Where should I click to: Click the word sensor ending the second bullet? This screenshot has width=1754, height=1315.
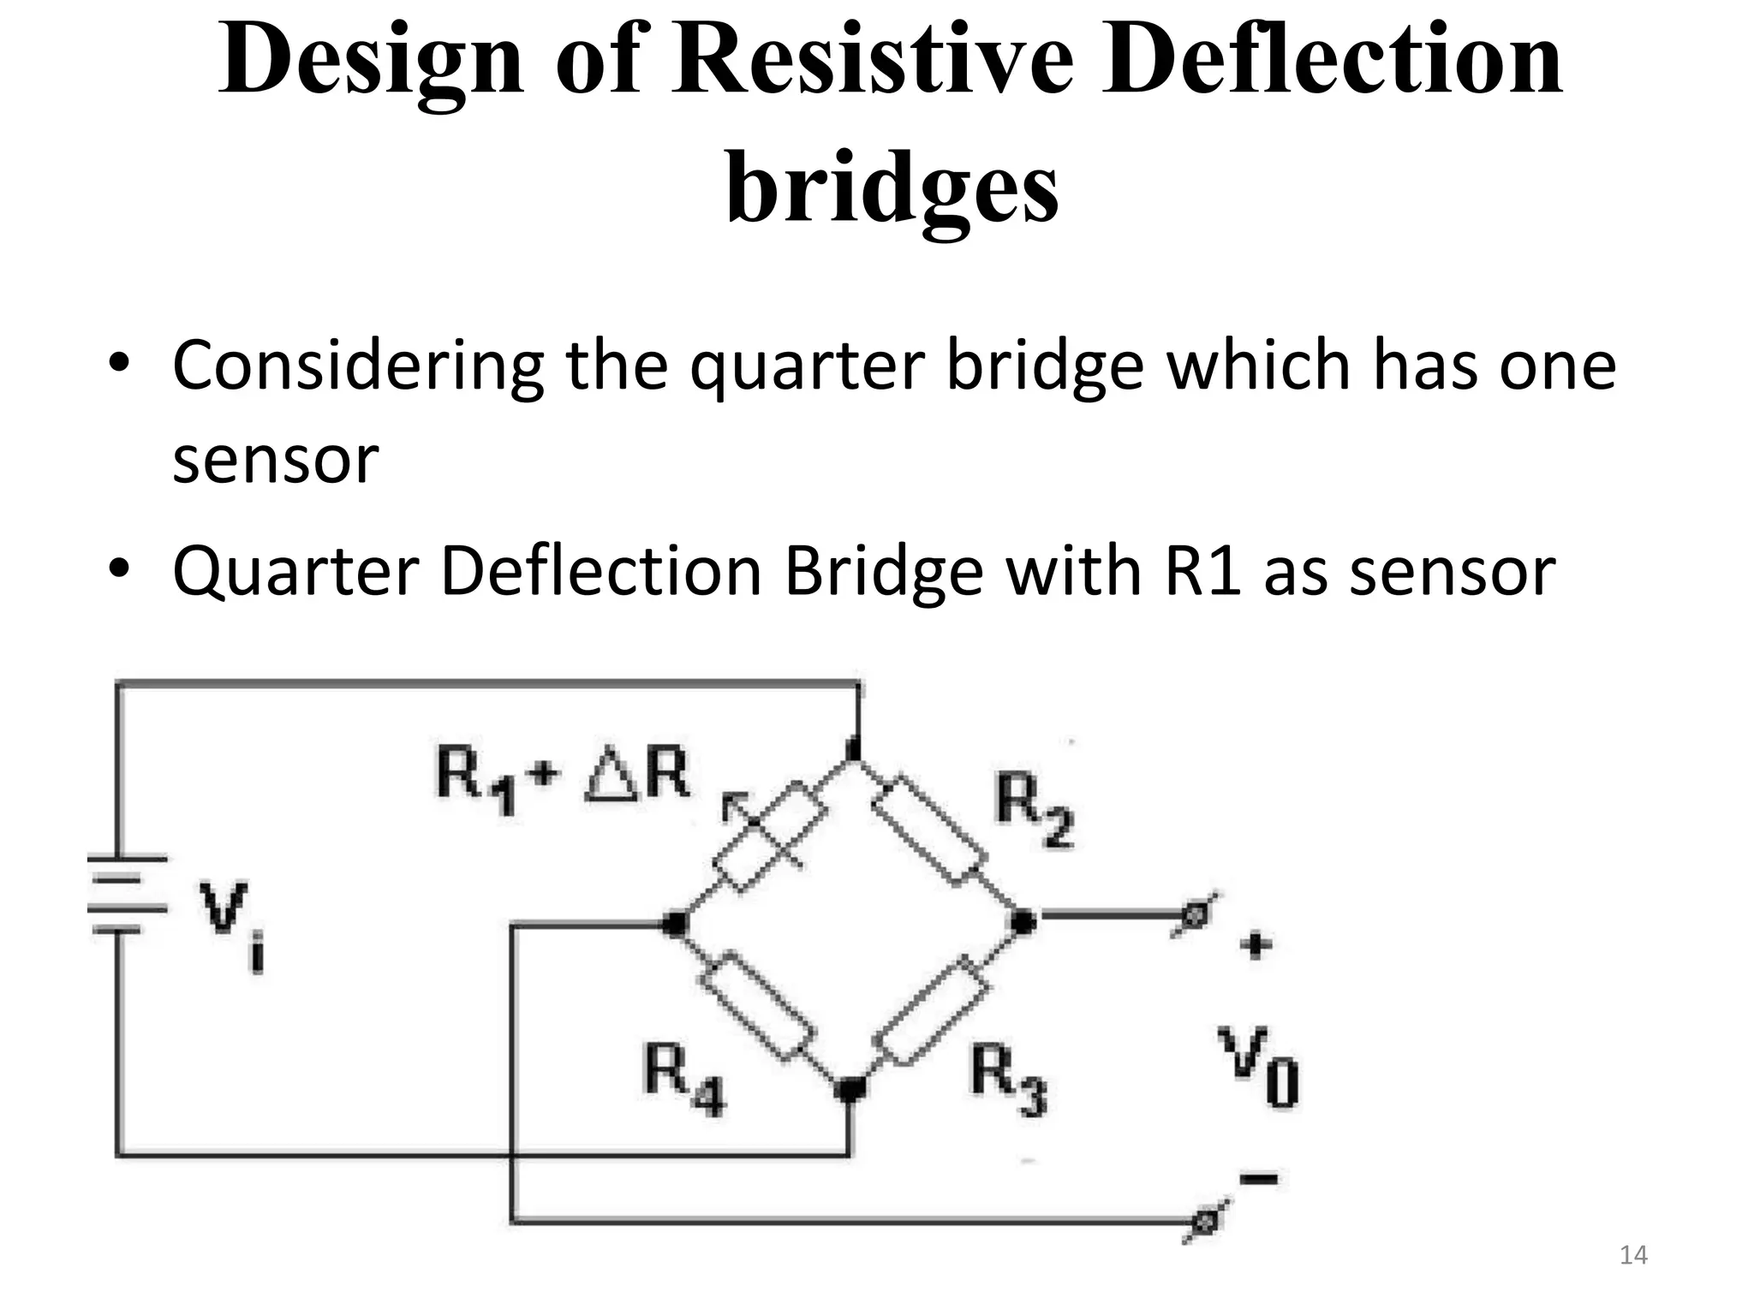1453,572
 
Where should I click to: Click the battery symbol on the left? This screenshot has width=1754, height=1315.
127,894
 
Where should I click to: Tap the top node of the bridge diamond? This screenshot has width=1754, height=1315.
853,748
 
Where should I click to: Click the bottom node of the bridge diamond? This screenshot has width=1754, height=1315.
850,1089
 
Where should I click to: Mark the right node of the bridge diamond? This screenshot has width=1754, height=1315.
1022,922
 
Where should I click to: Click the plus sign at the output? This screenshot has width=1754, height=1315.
1255,946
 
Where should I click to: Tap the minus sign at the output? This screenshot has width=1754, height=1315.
1258,1180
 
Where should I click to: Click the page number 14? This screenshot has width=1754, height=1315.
1633,1255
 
